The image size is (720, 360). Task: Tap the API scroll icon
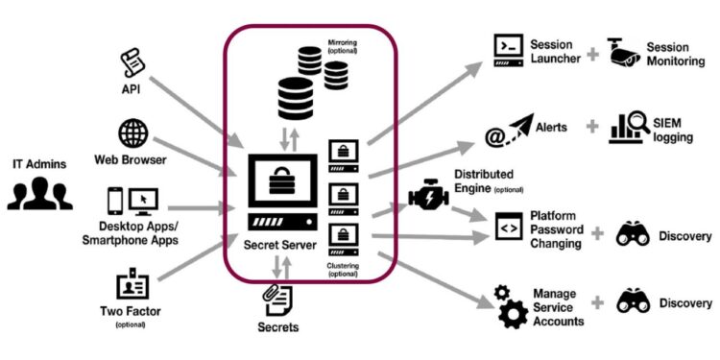[132, 63]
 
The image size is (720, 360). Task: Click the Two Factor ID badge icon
[132, 285]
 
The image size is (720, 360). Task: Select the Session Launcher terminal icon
[508, 50]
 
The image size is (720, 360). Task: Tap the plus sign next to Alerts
[589, 128]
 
